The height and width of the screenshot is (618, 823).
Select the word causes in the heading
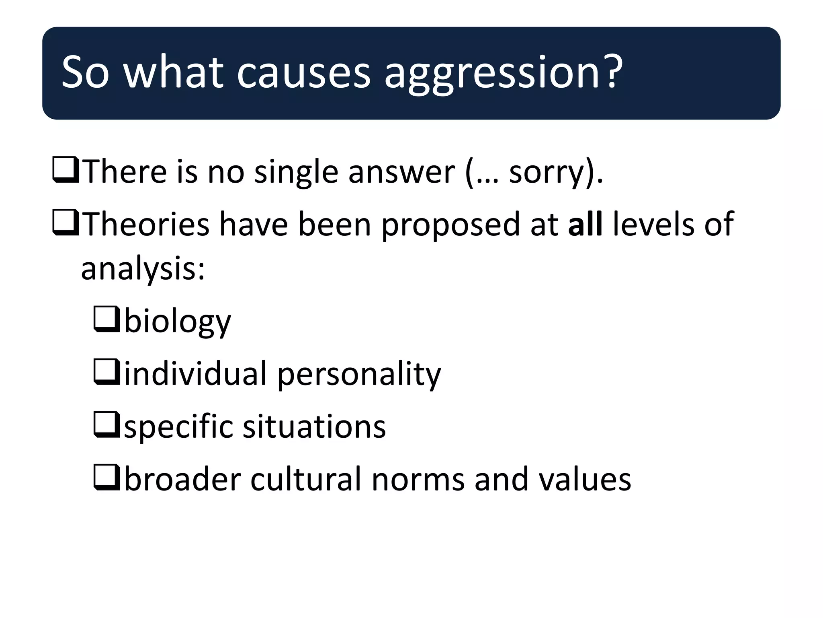click(303, 73)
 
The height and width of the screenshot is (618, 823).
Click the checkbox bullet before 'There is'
click(66, 171)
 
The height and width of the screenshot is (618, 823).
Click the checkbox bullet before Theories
click(66, 223)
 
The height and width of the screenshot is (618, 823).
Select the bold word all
click(585, 224)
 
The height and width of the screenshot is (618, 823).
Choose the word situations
click(314, 426)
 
